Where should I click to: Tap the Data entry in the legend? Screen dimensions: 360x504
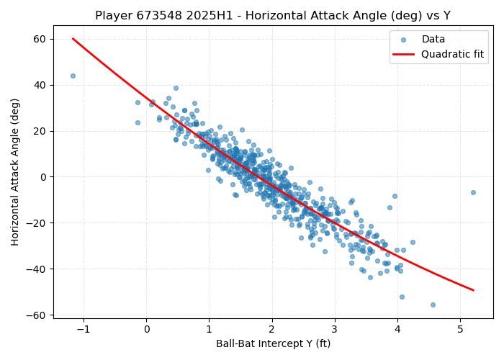[433, 40]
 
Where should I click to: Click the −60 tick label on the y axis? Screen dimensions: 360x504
[39, 315]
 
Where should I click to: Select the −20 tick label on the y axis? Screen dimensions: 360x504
[39, 223]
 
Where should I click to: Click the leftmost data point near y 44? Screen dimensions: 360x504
[73, 76]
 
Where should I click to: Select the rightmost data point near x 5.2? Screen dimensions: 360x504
[473, 192]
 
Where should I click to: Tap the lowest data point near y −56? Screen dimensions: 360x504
[433, 305]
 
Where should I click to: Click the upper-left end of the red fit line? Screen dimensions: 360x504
[73, 39]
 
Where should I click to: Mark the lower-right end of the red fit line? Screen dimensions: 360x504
[473, 290]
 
